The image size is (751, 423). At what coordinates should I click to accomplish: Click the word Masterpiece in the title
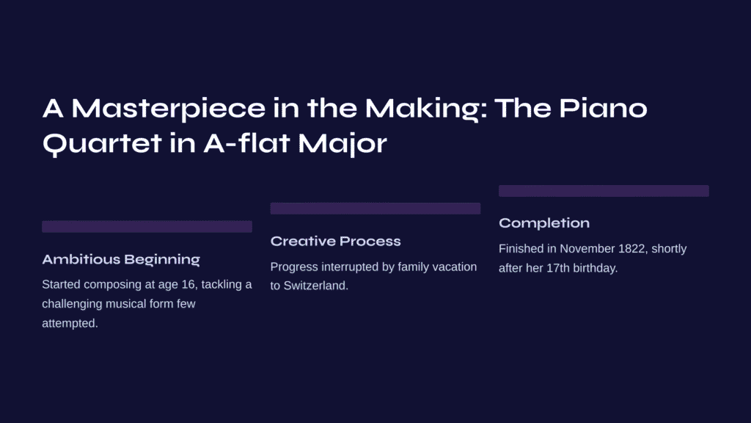tap(168, 109)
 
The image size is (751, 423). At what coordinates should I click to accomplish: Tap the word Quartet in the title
tap(101, 144)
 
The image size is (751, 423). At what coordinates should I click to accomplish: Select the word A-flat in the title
tap(246, 143)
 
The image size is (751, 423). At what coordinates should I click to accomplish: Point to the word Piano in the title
tap(603, 109)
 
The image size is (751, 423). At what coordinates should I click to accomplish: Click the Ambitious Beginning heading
tap(121, 259)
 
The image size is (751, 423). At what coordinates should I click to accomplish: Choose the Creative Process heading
tap(335, 241)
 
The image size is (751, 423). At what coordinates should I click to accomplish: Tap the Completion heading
tap(544, 223)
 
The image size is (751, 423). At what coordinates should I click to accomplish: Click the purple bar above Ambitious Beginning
tap(147, 226)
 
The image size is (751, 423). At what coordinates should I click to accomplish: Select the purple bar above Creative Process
tap(375, 208)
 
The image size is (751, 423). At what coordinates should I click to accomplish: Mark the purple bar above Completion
tap(604, 191)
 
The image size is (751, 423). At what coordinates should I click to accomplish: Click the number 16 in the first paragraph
tap(188, 284)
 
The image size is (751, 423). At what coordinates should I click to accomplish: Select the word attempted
tap(70, 323)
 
